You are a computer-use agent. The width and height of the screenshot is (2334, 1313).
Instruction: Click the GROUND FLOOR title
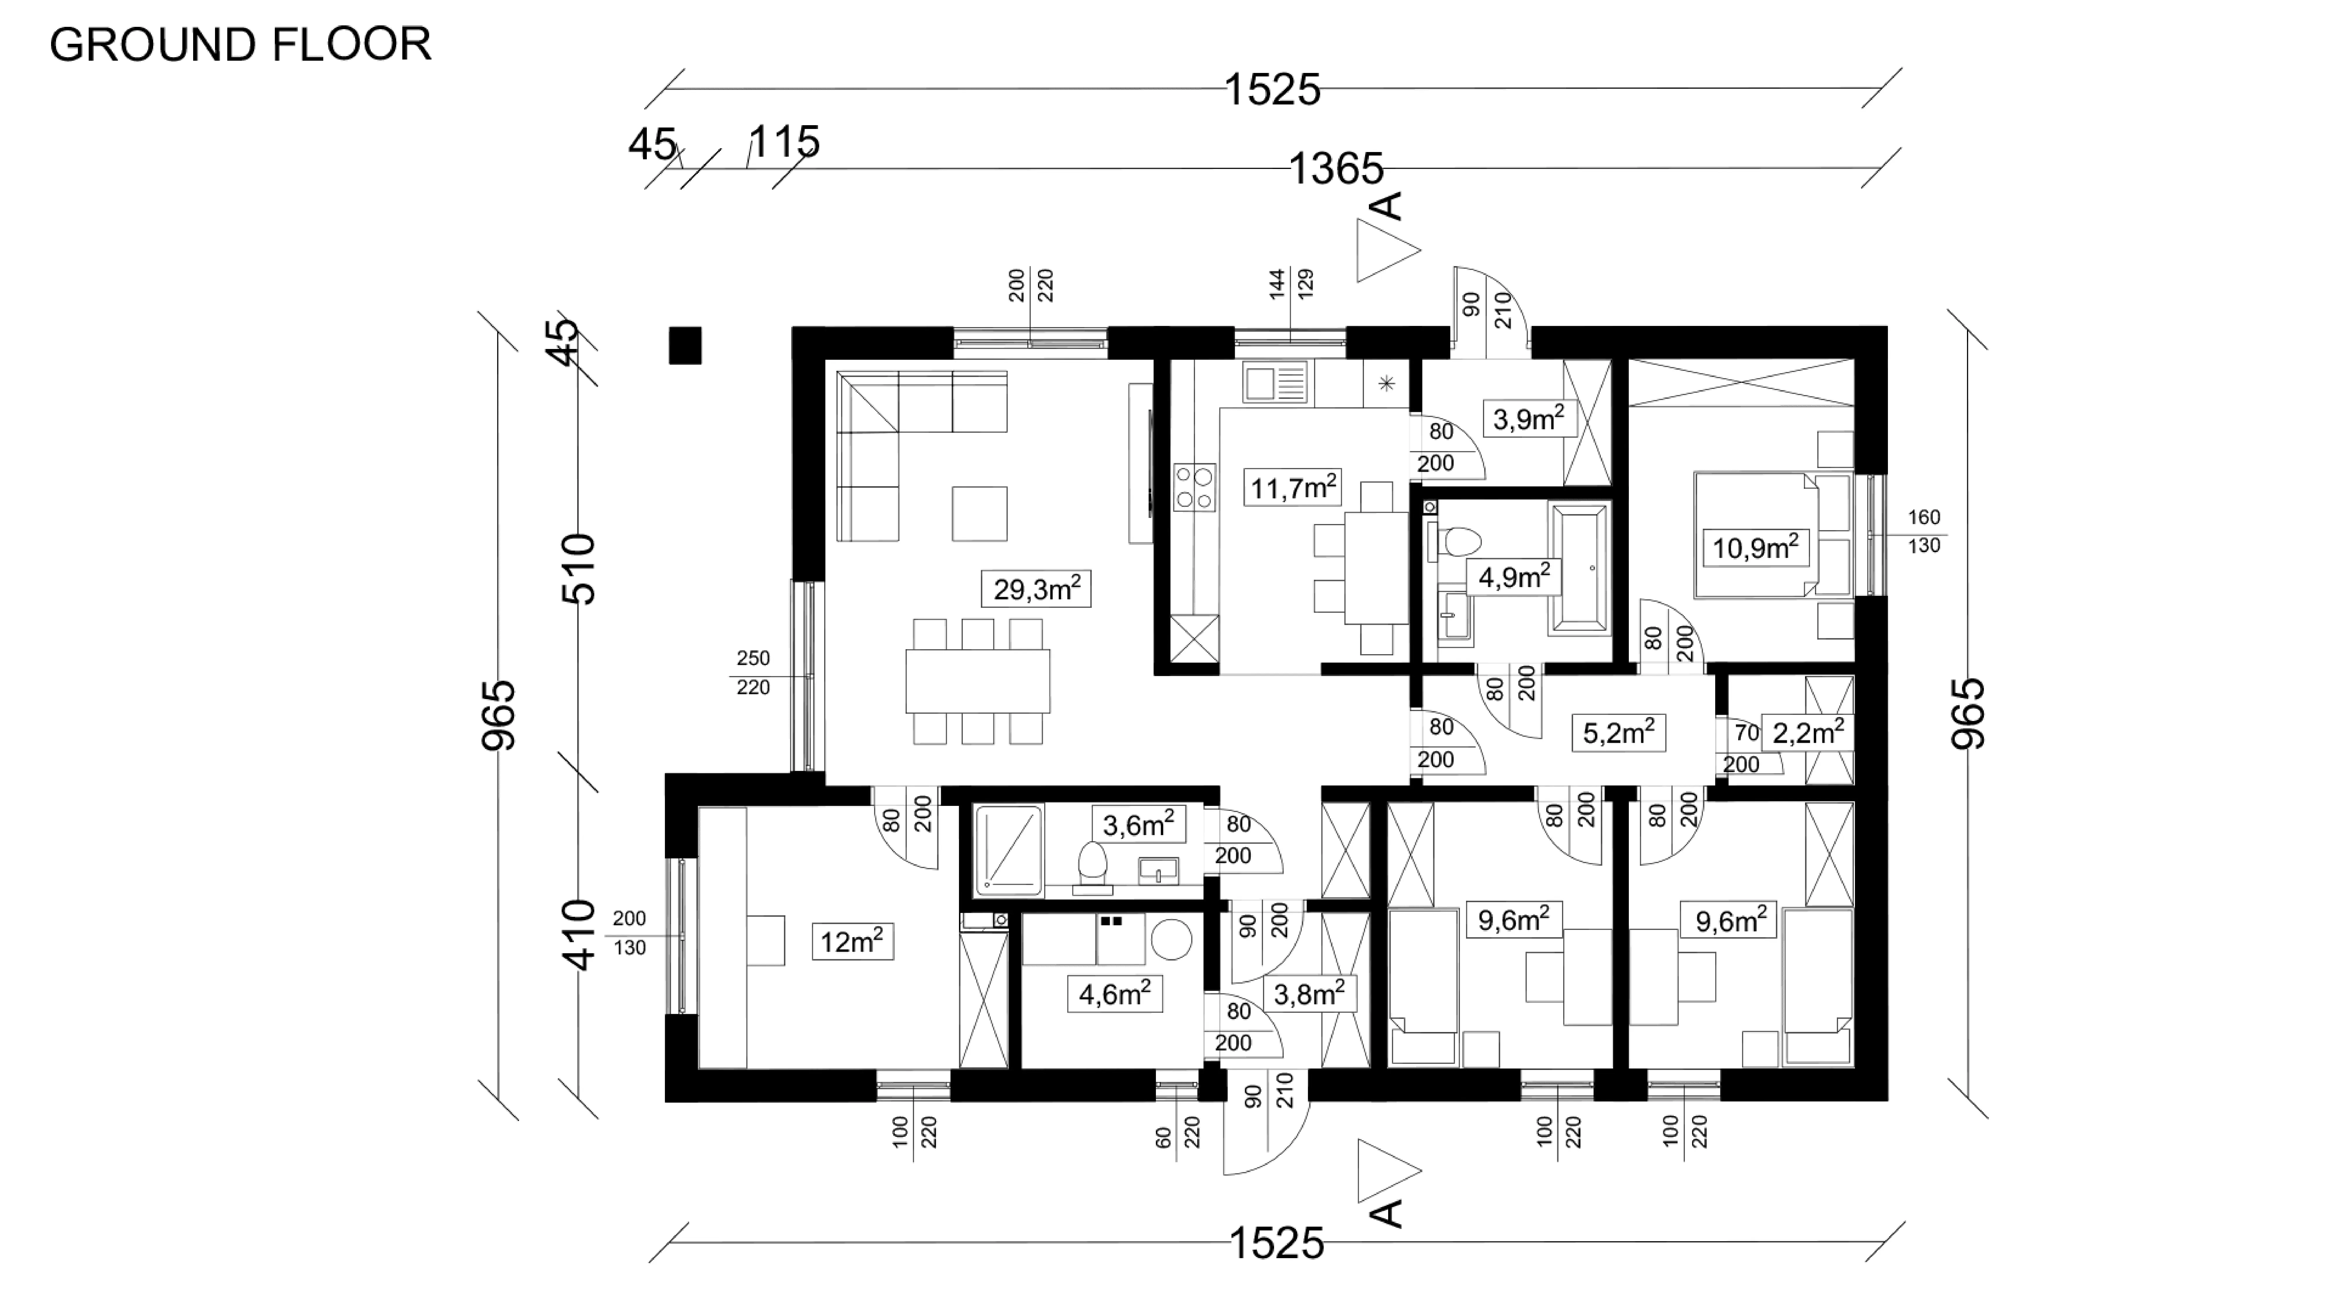[240, 44]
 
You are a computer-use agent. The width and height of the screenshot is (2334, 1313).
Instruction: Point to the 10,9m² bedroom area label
[1754, 547]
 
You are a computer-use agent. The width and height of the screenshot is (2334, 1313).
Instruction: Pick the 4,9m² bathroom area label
[1513, 576]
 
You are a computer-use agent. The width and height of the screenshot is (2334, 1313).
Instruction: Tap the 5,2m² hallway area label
[1618, 732]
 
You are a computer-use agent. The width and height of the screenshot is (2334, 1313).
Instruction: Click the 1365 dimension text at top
[1336, 169]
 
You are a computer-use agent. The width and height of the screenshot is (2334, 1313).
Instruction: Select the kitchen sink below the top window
[1275, 381]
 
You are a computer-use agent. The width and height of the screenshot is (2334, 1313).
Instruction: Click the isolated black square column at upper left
[685, 345]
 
